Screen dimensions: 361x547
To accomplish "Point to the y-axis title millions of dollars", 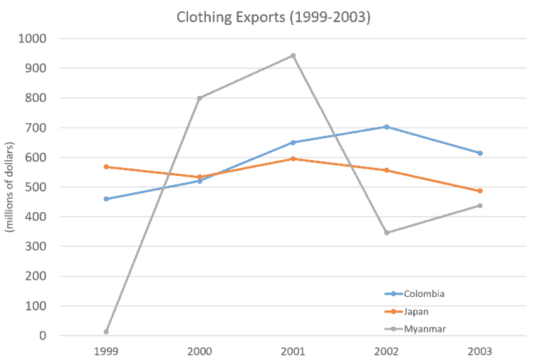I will [x=10, y=187].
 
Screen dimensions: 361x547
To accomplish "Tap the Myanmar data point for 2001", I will [x=293, y=54].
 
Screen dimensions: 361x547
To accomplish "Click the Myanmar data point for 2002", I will [x=387, y=232].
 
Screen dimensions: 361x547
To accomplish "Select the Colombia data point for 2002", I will [x=387, y=127].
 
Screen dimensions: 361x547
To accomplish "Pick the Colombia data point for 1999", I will [x=106, y=199].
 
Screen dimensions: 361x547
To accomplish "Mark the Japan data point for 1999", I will [x=106, y=167].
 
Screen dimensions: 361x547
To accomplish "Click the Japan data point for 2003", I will [x=480, y=191].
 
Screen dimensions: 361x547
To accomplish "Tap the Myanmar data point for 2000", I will [x=199, y=98].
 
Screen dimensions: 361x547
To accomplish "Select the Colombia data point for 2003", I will [x=480, y=153].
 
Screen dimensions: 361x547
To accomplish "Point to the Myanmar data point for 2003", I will [x=480, y=205].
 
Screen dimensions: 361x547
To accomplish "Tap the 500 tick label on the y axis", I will [x=38, y=187].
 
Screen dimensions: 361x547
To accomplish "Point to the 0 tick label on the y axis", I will [x=44, y=336].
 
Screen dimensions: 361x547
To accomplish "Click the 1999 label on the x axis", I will [x=106, y=351].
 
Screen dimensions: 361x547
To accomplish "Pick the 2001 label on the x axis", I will [x=293, y=351].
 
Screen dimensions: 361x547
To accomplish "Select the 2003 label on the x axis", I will [x=480, y=351].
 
